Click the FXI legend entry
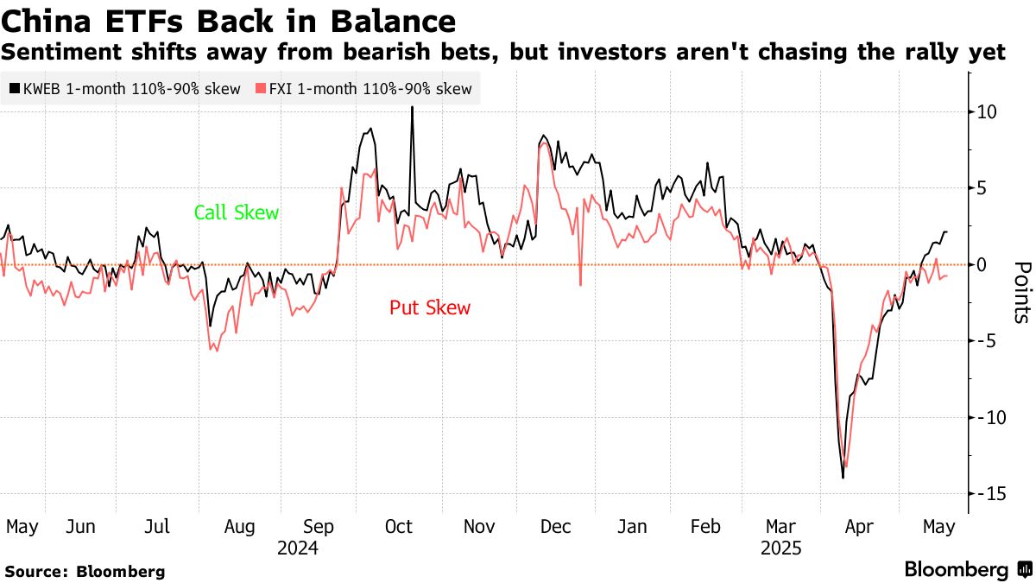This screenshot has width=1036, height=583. click(x=364, y=88)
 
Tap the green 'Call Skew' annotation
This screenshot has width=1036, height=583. click(x=236, y=212)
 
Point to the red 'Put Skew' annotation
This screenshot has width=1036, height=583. click(x=430, y=307)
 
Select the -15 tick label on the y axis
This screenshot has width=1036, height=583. click(x=991, y=493)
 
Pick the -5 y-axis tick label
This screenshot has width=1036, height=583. click(x=988, y=340)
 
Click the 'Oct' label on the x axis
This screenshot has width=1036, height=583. click(x=399, y=527)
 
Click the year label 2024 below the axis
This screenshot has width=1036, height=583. click(x=298, y=548)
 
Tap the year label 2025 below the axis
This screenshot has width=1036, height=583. click(x=781, y=548)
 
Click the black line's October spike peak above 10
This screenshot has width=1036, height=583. click(x=412, y=107)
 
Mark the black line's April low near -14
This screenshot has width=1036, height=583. click(x=843, y=478)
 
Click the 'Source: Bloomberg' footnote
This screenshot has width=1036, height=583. click(x=85, y=571)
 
